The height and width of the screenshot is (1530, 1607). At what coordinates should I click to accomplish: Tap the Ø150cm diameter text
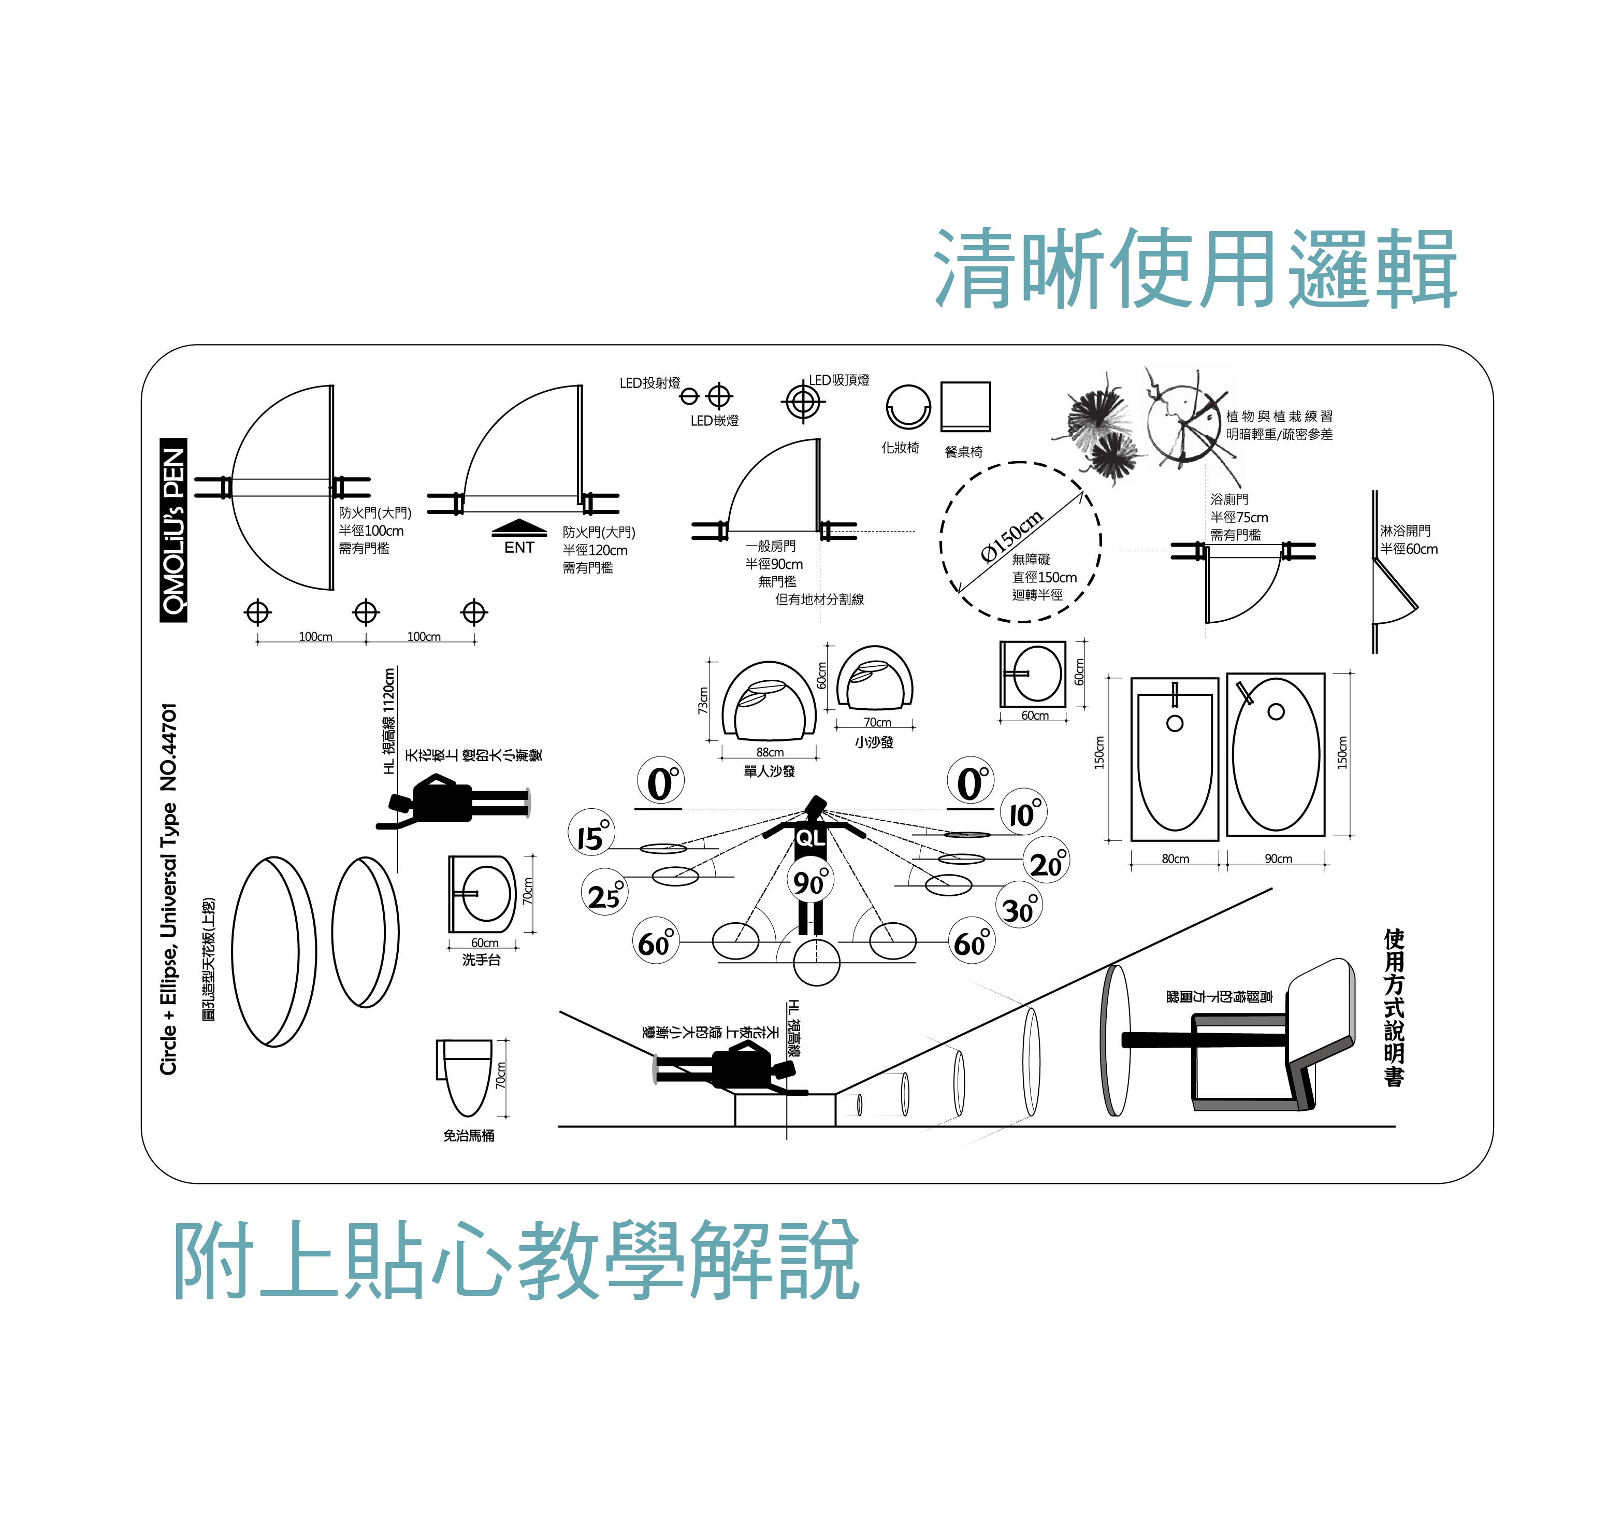click(1011, 536)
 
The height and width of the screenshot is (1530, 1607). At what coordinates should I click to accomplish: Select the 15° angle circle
click(591, 832)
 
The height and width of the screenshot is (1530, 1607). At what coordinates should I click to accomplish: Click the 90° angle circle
click(810, 881)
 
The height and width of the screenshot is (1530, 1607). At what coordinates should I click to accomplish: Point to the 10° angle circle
click(1023, 811)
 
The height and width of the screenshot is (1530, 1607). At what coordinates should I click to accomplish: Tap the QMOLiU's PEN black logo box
click(173, 530)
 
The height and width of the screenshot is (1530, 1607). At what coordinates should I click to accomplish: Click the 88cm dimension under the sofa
click(769, 752)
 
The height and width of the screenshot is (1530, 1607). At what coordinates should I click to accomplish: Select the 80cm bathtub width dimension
click(1175, 859)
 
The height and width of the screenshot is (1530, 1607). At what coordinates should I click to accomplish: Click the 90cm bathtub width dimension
click(1278, 859)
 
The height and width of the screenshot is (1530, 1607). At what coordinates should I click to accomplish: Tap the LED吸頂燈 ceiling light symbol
click(802, 401)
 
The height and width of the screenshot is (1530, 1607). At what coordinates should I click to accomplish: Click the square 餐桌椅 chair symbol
click(965, 405)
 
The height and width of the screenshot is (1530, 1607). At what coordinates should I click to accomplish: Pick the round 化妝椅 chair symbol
click(907, 407)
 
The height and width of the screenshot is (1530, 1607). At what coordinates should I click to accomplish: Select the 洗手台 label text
click(481, 960)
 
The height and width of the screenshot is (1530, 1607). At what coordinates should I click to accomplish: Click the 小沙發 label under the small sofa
click(874, 742)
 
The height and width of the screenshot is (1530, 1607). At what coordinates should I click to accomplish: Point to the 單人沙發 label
click(769, 771)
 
